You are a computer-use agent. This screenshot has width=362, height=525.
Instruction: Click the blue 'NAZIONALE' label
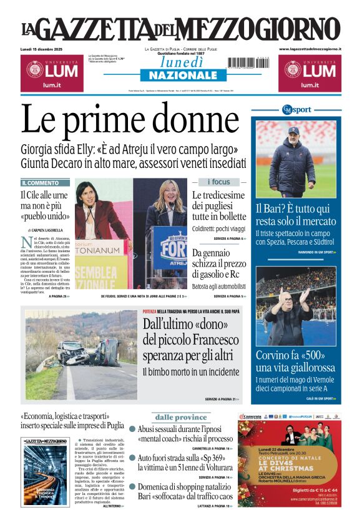click(179, 76)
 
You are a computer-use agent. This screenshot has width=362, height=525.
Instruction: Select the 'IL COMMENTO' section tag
click(40, 183)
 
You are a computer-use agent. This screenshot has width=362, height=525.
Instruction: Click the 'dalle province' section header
click(181, 417)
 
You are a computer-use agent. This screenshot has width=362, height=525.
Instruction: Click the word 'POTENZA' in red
click(150, 311)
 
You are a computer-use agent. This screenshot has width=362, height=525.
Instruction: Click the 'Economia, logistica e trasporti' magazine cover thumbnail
click(44, 471)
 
